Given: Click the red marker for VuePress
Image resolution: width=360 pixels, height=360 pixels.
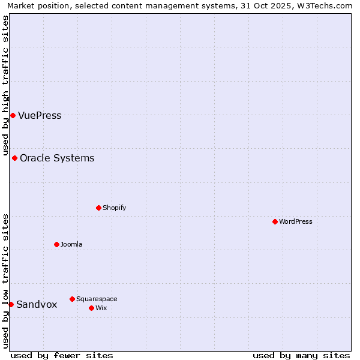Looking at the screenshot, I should coord(13,115).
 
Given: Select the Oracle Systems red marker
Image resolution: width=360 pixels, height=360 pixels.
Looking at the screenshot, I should coord(14,158).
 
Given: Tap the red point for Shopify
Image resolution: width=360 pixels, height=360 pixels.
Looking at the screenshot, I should coord(98,208).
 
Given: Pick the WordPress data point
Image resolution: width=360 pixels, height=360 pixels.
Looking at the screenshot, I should coord(275,221).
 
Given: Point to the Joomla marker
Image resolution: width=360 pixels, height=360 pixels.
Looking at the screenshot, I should coord(56,244).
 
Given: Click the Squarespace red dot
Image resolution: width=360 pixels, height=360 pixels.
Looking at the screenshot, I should coord(72,299).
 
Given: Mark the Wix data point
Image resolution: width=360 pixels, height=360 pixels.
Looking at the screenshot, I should coord(91,308).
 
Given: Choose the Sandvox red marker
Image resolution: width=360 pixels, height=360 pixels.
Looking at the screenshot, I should coord(11,304).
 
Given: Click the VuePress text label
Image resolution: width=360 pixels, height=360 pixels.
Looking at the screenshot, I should coord(40,116).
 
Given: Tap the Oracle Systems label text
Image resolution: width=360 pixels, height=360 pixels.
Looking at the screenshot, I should coord(57,158).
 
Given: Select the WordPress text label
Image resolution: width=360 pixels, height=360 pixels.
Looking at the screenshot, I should coord(296,221).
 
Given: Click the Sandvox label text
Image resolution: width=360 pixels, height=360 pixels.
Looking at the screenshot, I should coord(37,305).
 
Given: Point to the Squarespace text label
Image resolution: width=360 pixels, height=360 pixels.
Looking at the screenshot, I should coord(97,299).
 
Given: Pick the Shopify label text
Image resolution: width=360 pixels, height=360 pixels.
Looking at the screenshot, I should coord(114,208).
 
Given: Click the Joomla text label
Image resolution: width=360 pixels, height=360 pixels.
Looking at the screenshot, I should coord(71,244).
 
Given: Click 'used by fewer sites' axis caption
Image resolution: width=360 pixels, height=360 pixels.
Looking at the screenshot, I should coord(62,355).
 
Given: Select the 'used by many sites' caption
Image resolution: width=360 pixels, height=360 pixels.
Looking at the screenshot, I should coord(301,355).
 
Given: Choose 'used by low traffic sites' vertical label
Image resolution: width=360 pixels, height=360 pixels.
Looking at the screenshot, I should coord(5,281).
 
